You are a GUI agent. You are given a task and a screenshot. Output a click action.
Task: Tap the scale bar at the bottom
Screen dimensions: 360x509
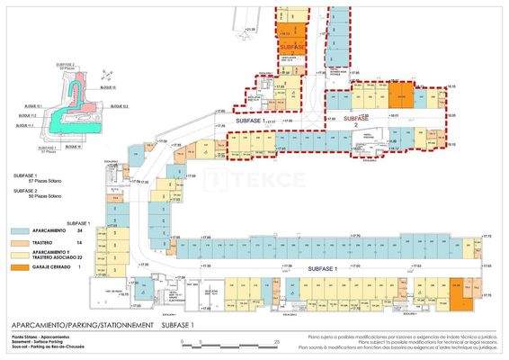[x=229, y=343]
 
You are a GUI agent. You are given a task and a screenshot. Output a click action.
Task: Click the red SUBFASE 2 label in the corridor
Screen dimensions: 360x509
[x=357, y=120]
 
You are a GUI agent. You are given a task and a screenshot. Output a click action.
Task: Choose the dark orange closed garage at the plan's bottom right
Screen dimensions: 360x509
[x=460, y=292]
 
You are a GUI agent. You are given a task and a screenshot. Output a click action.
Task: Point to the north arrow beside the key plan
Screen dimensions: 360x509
[x=105, y=73]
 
